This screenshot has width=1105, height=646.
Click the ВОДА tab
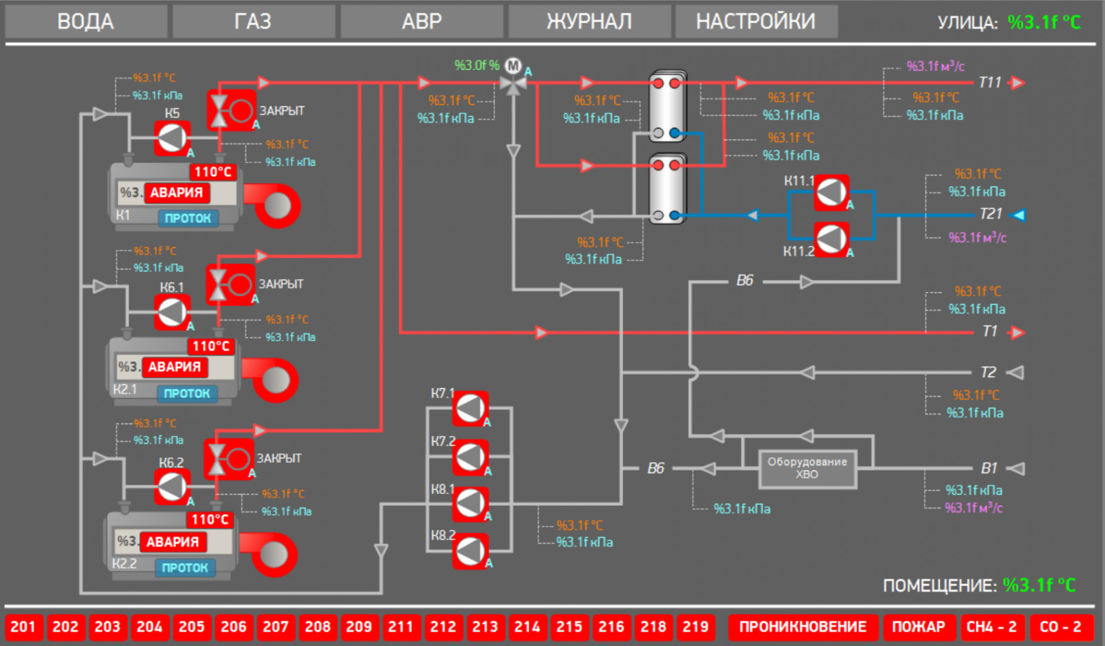pos(86,21)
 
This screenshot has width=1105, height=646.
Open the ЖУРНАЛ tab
pos(589,21)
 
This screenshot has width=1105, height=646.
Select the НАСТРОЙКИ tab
pos(756,21)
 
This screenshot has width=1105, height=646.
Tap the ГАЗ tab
pos(253,21)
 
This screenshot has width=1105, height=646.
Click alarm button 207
pos(276,627)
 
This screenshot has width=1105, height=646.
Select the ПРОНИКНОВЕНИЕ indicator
pos(803,627)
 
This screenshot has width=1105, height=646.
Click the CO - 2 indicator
pos(1060,627)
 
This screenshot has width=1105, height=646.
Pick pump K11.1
pos(831,193)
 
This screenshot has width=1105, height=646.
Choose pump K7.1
pos(470,408)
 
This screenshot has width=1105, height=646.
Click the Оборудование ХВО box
pos(807,468)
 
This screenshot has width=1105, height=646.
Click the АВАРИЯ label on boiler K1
pos(177,193)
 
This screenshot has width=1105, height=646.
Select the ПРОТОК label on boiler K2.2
pos(185,567)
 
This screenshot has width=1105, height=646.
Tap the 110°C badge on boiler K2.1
pos(211,346)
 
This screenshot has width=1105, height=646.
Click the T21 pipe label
pos(990,214)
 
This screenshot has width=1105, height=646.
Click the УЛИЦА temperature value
pos(1044,22)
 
